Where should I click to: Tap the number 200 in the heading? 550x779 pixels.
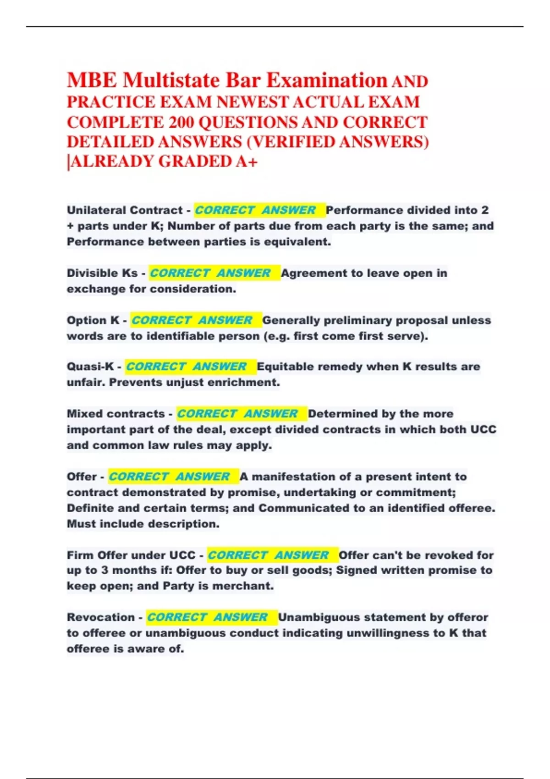tap(181, 123)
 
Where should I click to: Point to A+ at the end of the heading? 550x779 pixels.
tap(247, 162)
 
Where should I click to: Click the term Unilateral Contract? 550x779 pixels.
tap(125, 210)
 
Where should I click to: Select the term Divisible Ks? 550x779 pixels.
tap(102, 273)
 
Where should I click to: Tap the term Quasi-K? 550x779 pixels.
tap(90, 367)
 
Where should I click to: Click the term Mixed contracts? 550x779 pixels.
tap(115, 414)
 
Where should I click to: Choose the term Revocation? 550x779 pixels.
tap(101, 617)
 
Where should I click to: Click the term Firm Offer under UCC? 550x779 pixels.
tap(131, 555)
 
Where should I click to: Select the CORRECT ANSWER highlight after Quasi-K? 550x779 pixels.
tap(186, 367)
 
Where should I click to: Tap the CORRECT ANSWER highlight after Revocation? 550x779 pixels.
tap(207, 617)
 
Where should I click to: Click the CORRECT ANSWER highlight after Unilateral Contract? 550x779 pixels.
tap(255, 210)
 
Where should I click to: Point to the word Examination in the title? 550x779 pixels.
tap(327, 81)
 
